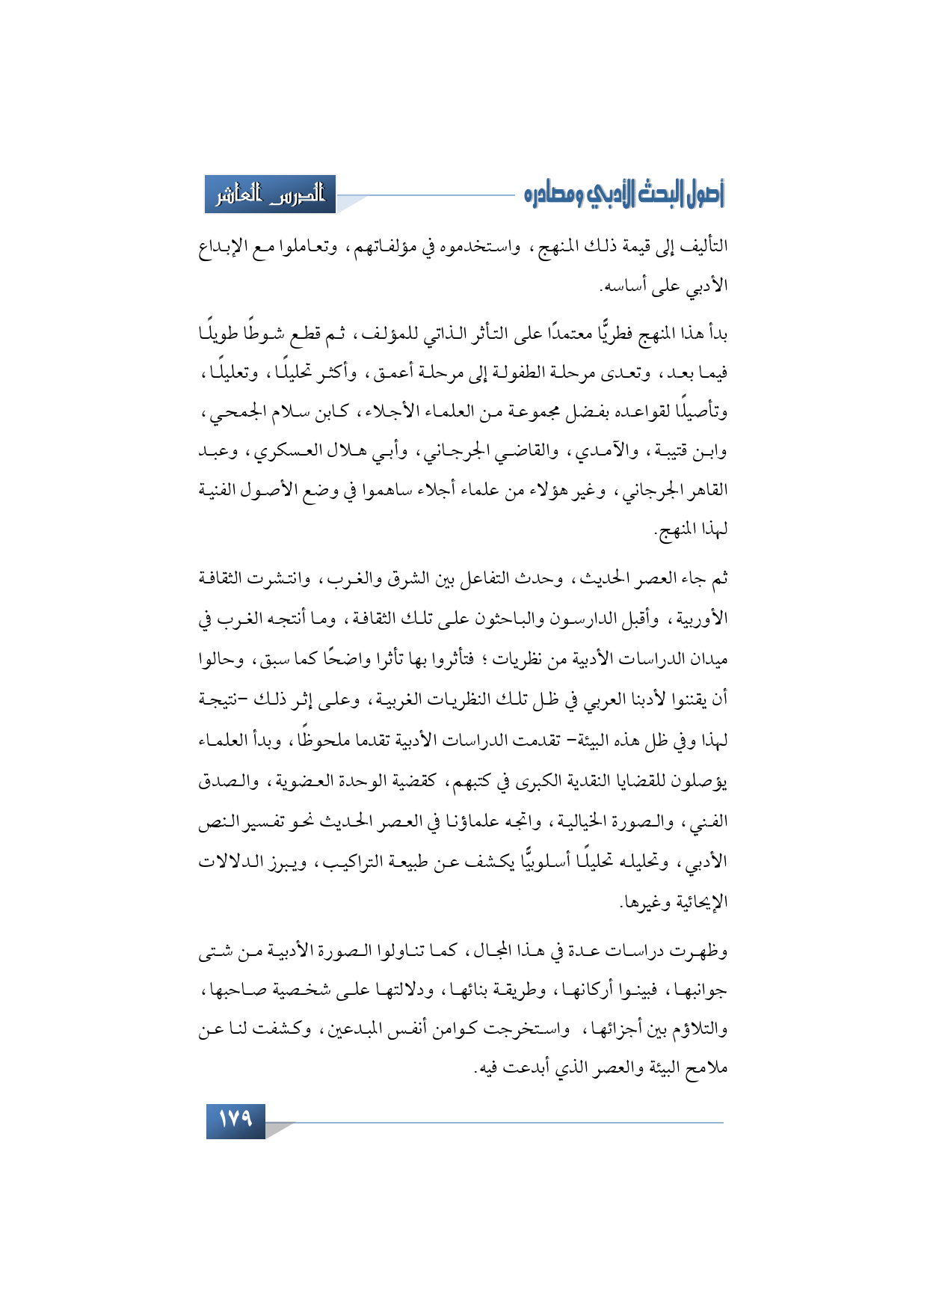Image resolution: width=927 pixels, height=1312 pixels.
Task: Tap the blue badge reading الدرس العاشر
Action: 270,194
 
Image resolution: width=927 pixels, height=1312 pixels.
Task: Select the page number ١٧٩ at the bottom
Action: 235,1120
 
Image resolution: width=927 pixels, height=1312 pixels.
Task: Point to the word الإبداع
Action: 225,247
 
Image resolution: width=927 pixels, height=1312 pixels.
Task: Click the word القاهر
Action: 703,491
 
